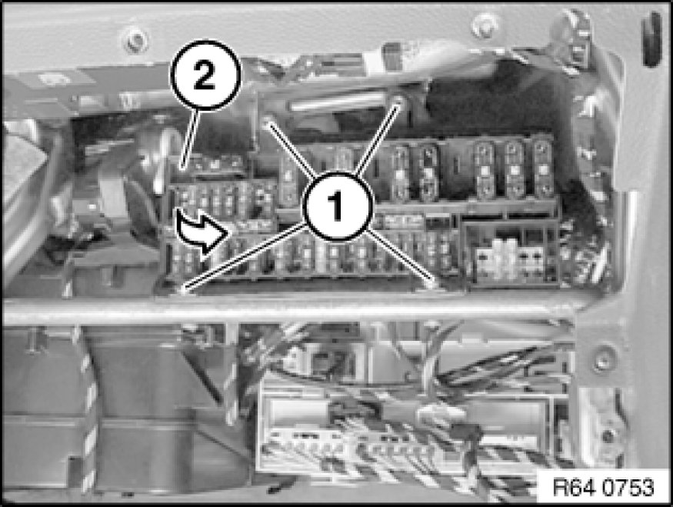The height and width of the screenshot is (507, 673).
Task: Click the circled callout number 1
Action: click(336, 206)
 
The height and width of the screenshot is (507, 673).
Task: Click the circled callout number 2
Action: click(205, 75)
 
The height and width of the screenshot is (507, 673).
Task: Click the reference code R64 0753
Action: click(604, 488)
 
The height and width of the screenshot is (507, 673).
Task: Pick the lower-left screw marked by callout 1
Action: click(182, 290)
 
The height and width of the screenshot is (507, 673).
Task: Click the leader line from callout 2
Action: click(190, 138)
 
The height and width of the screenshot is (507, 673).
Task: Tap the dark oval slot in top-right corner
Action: click(652, 39)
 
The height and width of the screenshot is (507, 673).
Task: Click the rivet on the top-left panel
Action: click(135, 40)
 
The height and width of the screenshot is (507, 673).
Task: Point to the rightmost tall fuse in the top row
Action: click(543, 168)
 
